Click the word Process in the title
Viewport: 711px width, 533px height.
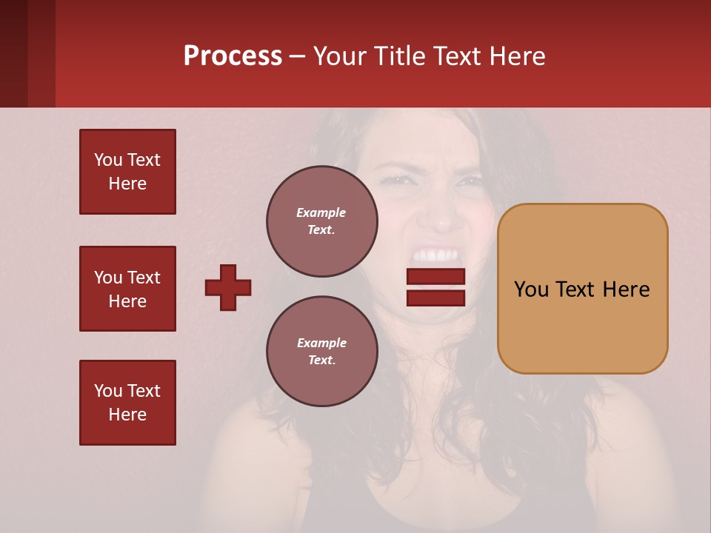[x=233, y=56]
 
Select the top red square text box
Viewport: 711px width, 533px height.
[x=127, y=172]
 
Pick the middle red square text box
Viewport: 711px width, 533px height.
[x=127, y=289]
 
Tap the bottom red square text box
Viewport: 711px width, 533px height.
[x=127, y=403]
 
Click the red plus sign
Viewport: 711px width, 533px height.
[x=228, y=287]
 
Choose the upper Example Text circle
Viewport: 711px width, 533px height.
[x=322, y=221]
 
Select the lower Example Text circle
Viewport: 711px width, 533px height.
[x=322, y=352]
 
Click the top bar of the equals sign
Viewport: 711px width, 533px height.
[x=435, y=277]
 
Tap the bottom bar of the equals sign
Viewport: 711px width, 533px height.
[x=435, y=298]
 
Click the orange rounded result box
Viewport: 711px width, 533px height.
[x=582, y=289]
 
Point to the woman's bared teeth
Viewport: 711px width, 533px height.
[x=437, y=256]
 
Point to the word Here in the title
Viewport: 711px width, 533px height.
[x=517, y=56]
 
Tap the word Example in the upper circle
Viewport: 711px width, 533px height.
[x=321, y=212]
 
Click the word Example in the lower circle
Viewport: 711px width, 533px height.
[x=321, y=343]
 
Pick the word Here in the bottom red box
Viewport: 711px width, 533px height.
[x=127, y=415]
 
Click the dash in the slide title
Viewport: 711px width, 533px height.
[x=298, y=56]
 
